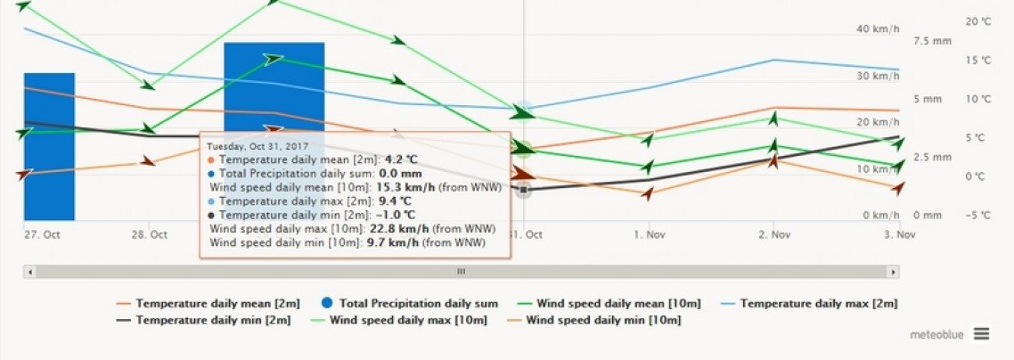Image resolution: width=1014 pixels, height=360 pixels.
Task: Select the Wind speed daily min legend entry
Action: coord(598,319)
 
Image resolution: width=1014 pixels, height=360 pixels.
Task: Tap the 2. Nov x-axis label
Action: coord(775,234)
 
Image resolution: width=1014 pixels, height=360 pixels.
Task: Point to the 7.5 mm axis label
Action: coord(933,41)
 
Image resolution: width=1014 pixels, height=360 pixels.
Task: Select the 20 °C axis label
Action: coord(978,21)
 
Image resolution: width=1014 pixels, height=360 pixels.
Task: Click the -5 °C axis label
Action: coord(978,215)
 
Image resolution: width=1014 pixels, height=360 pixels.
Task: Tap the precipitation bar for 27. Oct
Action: coord(49,146)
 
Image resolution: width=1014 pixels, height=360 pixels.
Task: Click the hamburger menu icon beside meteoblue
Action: coord(981,333)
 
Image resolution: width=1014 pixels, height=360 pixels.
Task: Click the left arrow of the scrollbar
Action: coord(29,272)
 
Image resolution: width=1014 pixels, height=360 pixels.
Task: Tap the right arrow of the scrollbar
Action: coord(894,272)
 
